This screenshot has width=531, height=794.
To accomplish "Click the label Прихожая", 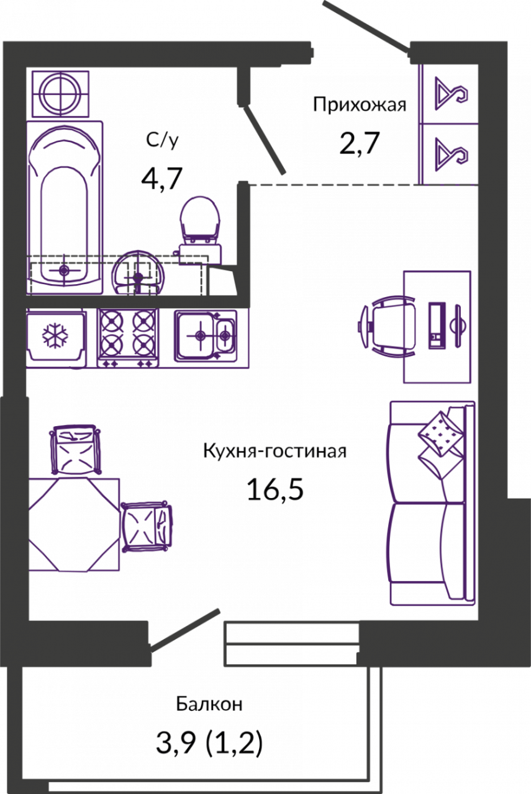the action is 359,105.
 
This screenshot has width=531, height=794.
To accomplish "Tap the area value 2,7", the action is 360,143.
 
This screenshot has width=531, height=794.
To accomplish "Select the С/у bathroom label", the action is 162,141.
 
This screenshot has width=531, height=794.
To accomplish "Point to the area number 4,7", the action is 162,179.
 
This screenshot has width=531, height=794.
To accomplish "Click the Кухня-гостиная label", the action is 275,452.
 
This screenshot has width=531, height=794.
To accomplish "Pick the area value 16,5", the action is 275,489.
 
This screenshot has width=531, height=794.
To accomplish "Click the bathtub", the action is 65,207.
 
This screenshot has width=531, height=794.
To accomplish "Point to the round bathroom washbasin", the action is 138,273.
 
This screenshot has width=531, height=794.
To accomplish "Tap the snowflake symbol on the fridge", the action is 55,336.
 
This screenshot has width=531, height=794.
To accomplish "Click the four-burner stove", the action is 128,338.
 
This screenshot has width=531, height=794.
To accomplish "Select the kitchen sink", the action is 206,336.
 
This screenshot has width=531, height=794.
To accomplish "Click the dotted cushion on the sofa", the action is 440,433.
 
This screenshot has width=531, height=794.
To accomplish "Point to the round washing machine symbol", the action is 60,94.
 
